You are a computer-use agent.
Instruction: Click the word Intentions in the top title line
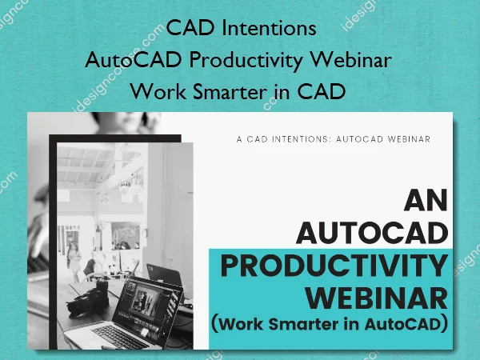(x=273, y=30)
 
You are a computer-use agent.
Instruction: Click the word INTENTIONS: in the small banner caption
(x=306, y=138)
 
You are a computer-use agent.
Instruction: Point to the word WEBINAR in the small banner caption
(x=408, y=138)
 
